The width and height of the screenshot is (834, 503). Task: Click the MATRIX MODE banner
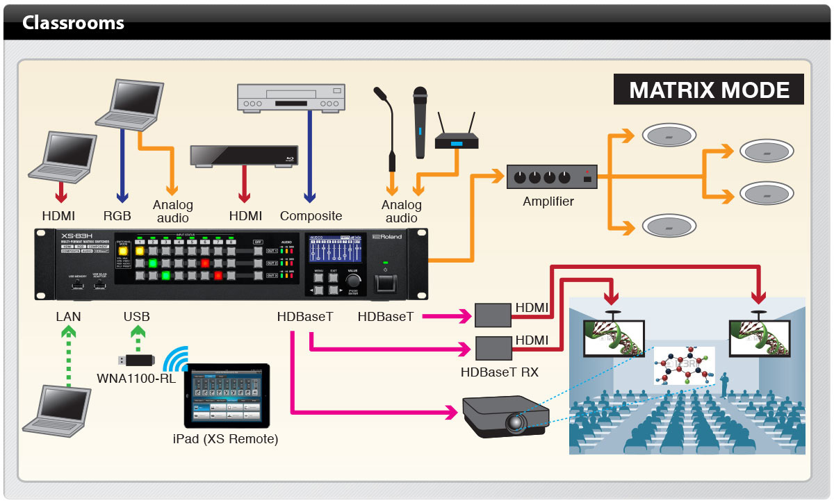pyautogui.click(x=709, y=90)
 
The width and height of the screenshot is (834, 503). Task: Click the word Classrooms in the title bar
pyautogui.click(x=73, y=23)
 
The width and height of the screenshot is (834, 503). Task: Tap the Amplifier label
pyautogui.click(x=548, y=201)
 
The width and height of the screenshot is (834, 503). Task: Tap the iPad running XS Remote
pyautogui.click(x=226, y=396)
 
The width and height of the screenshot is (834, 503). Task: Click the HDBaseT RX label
pyautogui.click(x=499, y=372)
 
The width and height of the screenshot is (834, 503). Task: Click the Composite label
pyautogui.click(x=311, y=216)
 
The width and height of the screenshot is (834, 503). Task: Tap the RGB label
pyautogui.click(x=116, y=216)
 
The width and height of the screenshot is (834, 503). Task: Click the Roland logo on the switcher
pyautogui.click(x=387, y=237)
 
